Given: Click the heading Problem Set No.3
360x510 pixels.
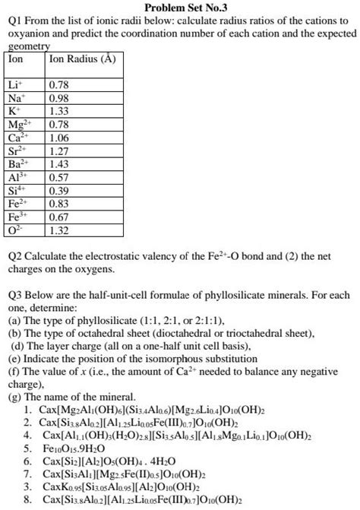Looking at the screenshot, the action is (x=180, y=8).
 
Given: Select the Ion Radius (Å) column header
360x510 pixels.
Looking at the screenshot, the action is (x=81, y=59).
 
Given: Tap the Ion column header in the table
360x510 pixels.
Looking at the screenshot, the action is (x=16, y=59).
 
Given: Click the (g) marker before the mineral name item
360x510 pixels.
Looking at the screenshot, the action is (x=14, y=396).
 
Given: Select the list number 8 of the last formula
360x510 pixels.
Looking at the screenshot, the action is (x=28, y=500).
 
